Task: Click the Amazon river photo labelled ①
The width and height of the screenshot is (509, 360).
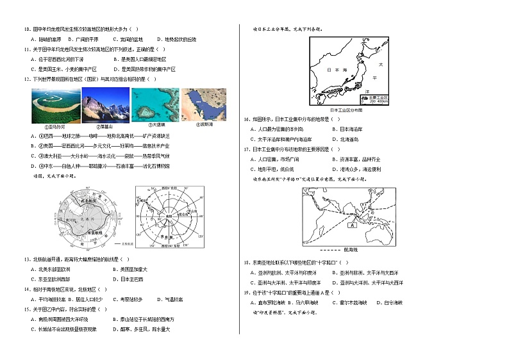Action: point(54,104)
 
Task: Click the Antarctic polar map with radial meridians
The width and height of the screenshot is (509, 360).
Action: point(170,218)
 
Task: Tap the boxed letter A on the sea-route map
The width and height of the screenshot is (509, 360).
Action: point(351,225)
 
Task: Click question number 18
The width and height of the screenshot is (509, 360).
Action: point(246,262)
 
